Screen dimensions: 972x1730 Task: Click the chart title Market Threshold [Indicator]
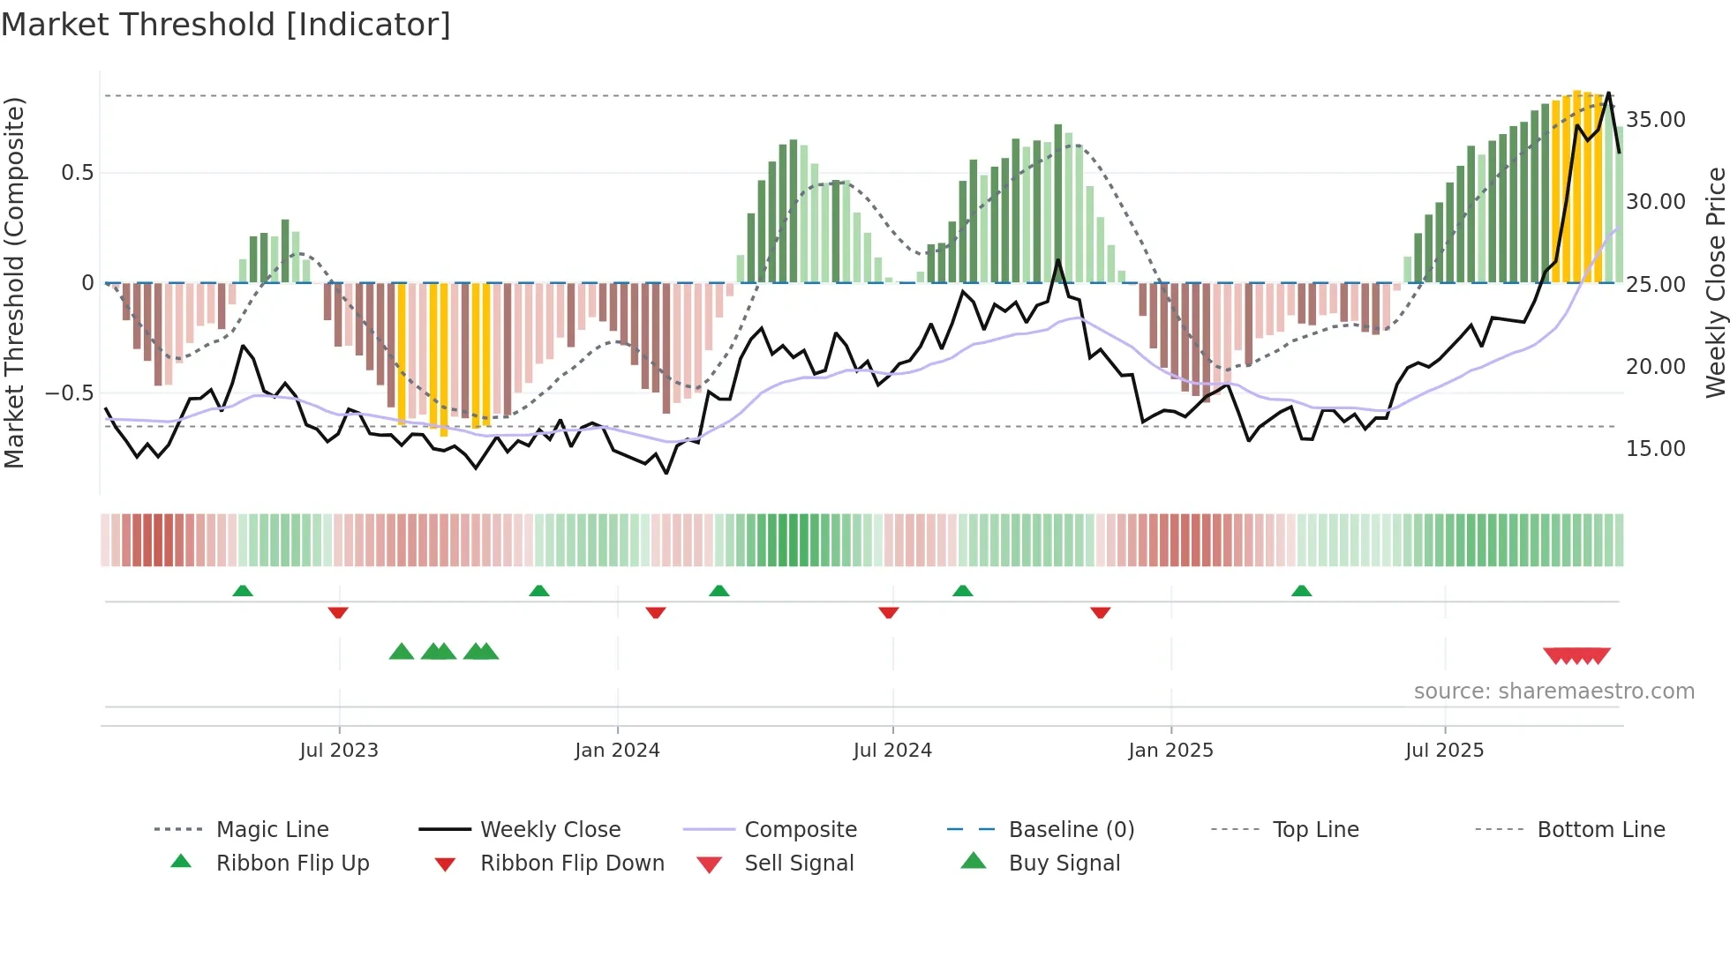pyautogui.click(x=226, y=25)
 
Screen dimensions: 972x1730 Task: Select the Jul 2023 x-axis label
pyautogui.click(x=339, y=751)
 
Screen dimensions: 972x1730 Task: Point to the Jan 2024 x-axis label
pyautogui.click(x=617, y=751)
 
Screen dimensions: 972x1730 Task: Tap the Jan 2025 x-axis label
pyautogui.click(x=1170, y=751)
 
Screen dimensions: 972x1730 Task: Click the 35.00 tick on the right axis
pyautogui.click(x=1655, y=120)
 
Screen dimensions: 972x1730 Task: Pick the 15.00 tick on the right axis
pyautogui.click(x=1655, y=449)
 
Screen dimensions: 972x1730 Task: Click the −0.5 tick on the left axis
pyautogui.click(x=69, y=393)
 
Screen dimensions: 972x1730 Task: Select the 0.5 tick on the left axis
pyautogui.click(x=77, y=173)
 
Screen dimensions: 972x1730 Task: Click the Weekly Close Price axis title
pyautogui.click(x=1715, y=282)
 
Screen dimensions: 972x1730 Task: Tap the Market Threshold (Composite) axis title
pyautogui.click(x=14, y=282)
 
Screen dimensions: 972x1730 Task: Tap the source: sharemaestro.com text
pyautogui.click(x=1553, y=692)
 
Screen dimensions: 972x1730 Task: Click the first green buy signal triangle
pyautogui.click(x=402, y=652)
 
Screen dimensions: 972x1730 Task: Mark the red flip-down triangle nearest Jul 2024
pyautogui.click(x=889, y=612)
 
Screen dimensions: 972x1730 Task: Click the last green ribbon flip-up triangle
pyautogui.click(x=1301, y=591)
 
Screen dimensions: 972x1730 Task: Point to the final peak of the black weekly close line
pyautogui.click(x=1608, y=93)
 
